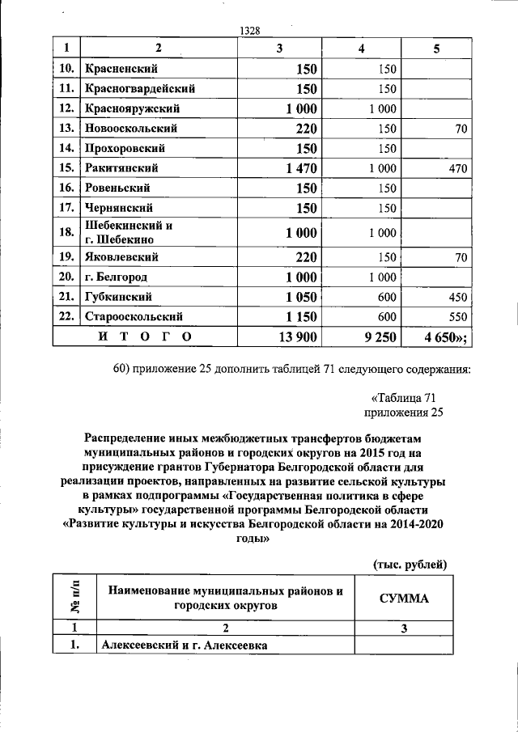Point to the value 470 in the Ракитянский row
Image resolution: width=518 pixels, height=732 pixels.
pyautogui.click(x=456, y=168)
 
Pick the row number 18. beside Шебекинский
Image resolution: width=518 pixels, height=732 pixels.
pyautogui.click(x=67, y=232)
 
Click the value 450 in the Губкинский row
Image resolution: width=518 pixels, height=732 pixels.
pyautogui.click(x=457, y=297)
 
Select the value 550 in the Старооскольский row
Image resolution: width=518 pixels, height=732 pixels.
pyautogui.click(x=457, y=316)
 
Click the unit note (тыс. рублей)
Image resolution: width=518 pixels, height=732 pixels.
pyautogui.click(x=410, y=563)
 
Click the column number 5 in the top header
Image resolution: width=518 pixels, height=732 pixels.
pyautogui.click(x=436, y=49)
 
